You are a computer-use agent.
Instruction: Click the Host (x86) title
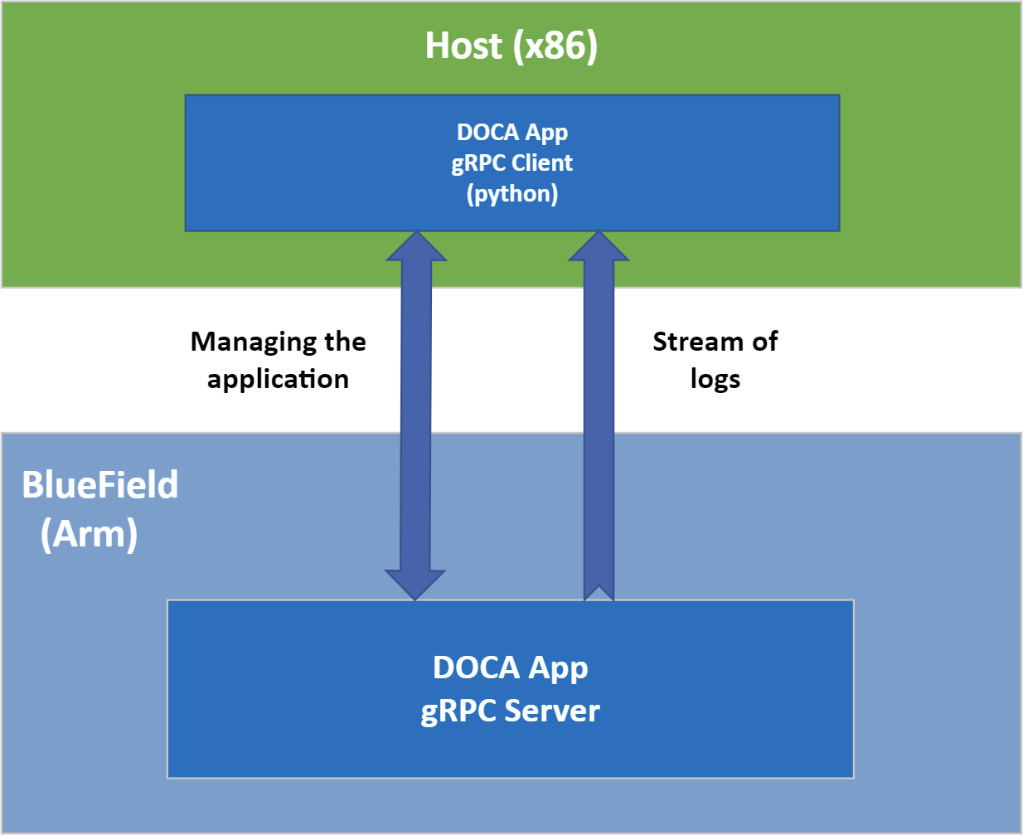[x=511, y=46]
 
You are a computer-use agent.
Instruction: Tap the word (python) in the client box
[x=512, y=194]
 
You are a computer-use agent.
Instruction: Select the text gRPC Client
[x=511, y=163]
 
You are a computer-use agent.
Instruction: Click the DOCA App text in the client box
[x=512, y=132]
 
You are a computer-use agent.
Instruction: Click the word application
[x=278, y=379]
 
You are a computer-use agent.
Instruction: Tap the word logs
[x=715, y=379]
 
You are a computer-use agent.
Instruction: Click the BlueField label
[x=100, y=485]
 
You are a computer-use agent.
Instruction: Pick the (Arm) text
[x=89, y=533]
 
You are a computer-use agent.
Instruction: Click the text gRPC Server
[x=510, y=711]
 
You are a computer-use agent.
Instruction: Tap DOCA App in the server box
[x=511, y=668]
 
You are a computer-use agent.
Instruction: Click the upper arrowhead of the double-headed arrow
[x=417, y=247]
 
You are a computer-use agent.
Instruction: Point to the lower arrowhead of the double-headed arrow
[x=415, y=584]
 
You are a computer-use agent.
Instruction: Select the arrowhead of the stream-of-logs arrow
[x=599, y=247]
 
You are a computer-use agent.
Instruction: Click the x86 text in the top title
[x=555, y=46]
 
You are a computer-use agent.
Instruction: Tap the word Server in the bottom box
[x=552, y=711]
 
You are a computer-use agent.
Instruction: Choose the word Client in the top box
[x=542, y=163]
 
